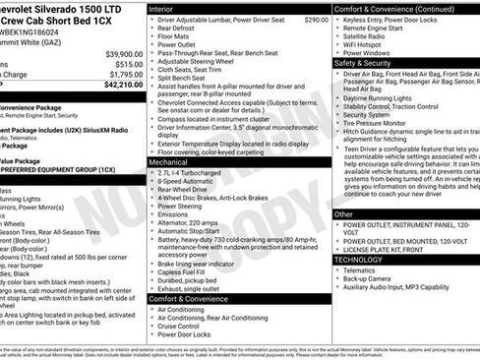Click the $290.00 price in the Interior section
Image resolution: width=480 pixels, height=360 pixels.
click(x=316, y=19)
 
